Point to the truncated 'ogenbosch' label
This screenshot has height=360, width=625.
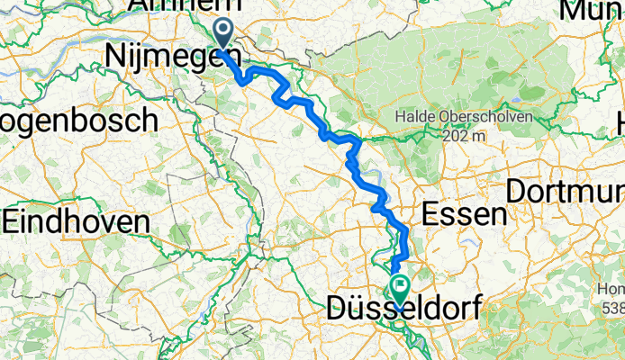pos(78,120)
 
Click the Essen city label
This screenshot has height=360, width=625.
pos(463,213)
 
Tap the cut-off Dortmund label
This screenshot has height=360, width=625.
pos(566,192)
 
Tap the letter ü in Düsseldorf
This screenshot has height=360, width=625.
pos(359,311)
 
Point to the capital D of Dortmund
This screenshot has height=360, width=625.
pos(517,192)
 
